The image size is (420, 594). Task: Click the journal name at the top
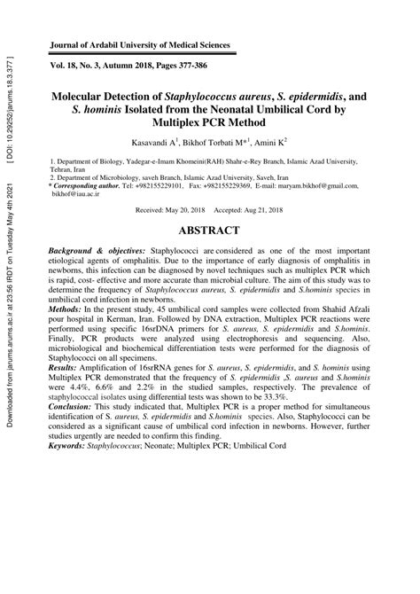pos(140,44)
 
